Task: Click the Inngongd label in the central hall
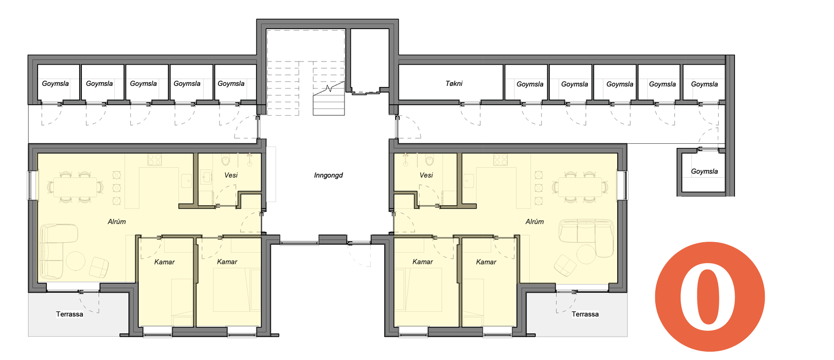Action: coord(328,176)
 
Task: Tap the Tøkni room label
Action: coord(454,83)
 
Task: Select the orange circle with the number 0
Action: coord(709,297)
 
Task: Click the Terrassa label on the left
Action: coord(70,314)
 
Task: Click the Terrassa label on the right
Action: coord(585,314)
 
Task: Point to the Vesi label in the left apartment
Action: coord(231,175)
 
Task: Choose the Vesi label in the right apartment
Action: coord(426,175)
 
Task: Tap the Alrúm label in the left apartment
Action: coord(117,221)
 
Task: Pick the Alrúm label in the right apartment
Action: coord(535,221)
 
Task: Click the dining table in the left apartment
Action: coord(75,187)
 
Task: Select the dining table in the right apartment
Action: coord(580,187)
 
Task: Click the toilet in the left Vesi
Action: coord(226,160)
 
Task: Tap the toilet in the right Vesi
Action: coord(430,160)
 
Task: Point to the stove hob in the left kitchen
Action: coord(154,160)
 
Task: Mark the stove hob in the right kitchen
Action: coord(501,160)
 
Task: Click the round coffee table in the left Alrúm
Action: coord(76,260)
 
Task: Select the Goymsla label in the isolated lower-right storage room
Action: coord(704,171)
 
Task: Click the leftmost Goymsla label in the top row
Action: coord(55,83)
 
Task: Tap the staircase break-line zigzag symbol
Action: coord(329,88)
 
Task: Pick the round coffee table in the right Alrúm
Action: coord(586,254)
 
